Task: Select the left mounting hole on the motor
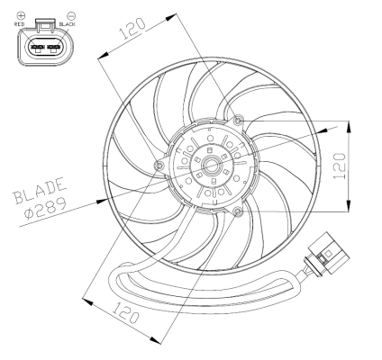coord(159,166)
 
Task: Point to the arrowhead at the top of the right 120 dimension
coord(348,123)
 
